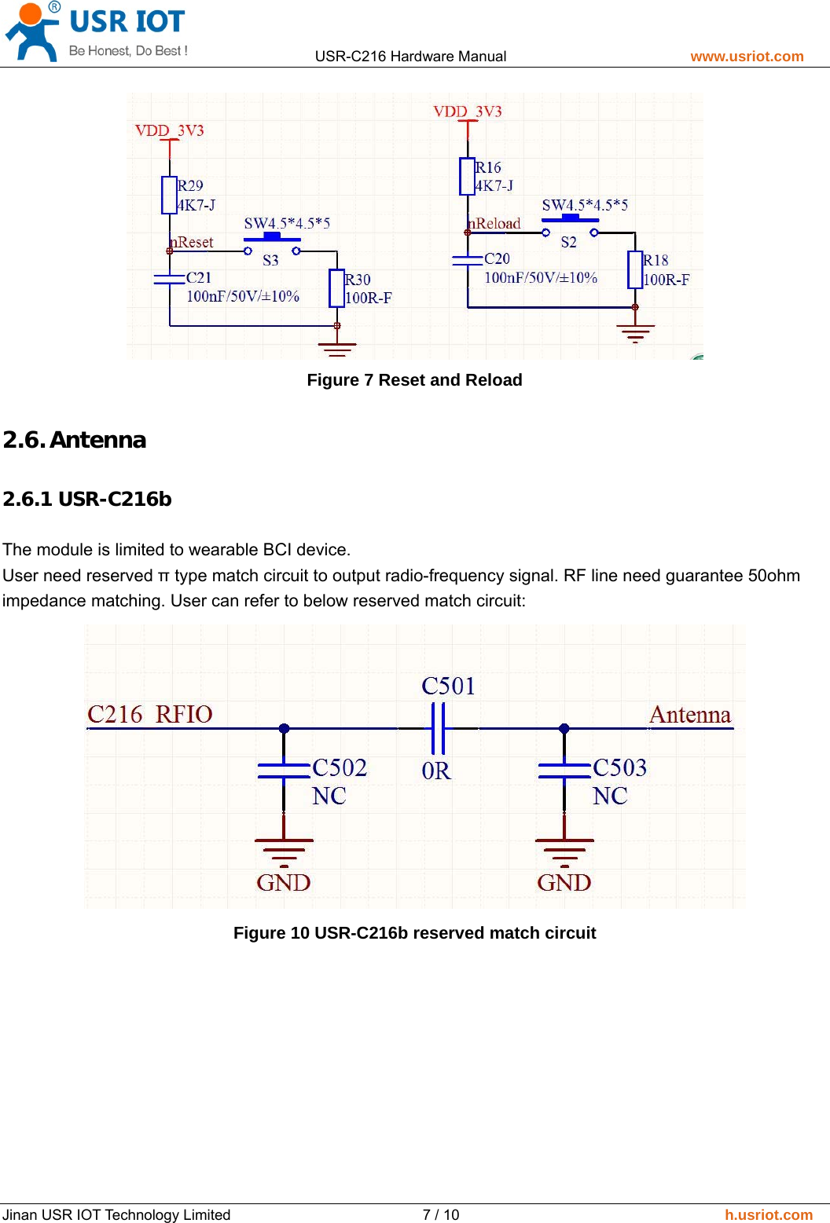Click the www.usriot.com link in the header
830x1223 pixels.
(747, 57)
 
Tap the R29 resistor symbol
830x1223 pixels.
(169, 195)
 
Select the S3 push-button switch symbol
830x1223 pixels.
(271, 240)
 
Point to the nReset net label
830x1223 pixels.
(193, 243)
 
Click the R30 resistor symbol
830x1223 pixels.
(336, 288)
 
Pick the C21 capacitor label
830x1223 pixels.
(199, 277)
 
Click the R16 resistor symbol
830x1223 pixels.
(467, 176)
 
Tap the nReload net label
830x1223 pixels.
(495, 224)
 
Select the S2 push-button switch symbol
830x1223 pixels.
(569, 222)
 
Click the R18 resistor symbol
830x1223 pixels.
(635, 269)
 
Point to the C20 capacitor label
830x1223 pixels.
(497, 258)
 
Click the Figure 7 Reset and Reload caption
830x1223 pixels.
(414, 380)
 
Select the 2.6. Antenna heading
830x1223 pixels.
(75, 440)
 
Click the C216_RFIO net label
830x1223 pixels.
(150, 714)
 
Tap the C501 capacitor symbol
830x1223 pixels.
(438, 728)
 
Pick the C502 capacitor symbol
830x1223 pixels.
(284, 771)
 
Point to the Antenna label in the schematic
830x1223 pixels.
(690, 715)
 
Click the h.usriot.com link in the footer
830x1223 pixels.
(768, 1214)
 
